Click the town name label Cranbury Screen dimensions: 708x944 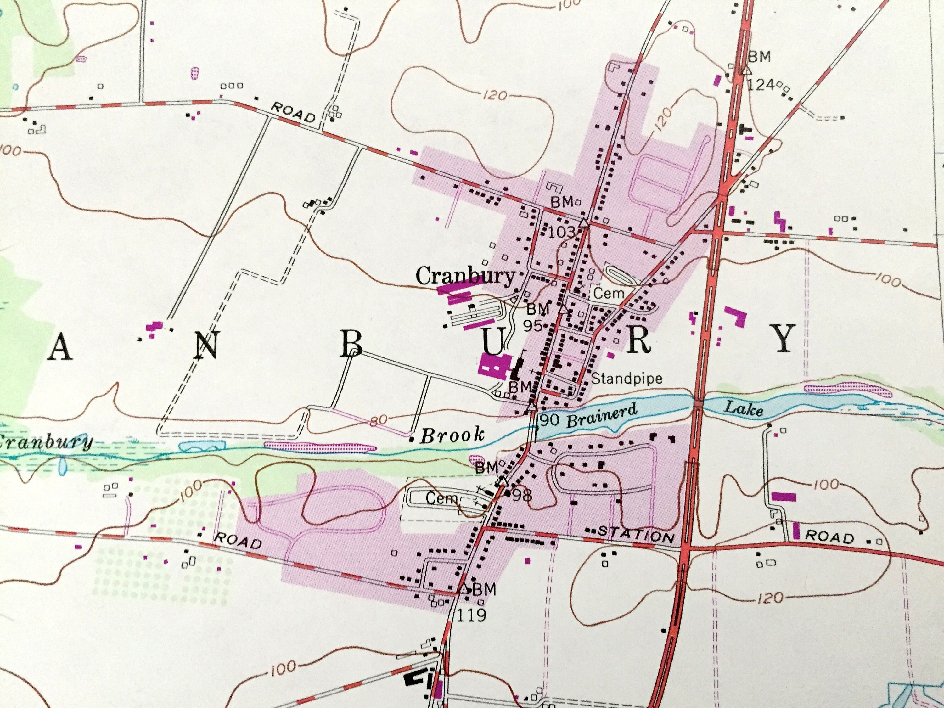(x=465, y=277)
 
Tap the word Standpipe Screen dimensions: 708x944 (x=627, y=379)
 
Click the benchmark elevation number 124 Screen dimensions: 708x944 (x=761, y=85)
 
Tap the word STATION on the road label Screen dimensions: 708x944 (x=636, y=534)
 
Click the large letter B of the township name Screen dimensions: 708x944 (x=351, y=345)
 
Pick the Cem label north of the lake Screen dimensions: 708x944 (x=609, y=293)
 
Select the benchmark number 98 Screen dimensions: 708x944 (x=522, y=496)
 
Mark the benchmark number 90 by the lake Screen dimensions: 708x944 (x=549, y=420)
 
